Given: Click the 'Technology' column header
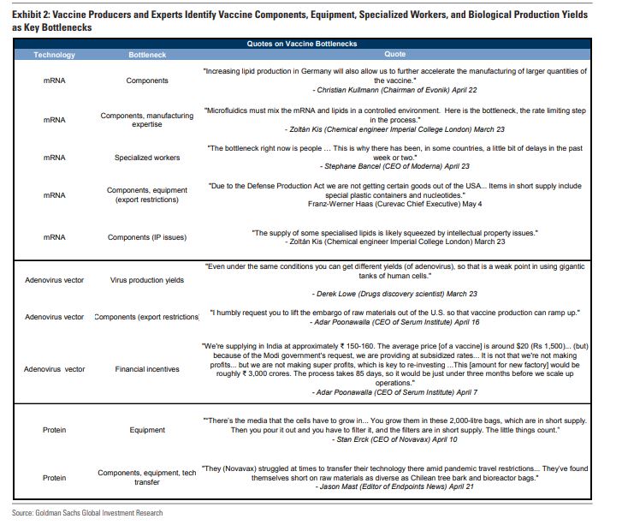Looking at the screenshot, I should (54, 55).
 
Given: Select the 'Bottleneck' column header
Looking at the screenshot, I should (146, 55).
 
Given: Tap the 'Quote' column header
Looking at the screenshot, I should (407, 55).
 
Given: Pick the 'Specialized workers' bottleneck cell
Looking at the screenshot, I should (146, 158).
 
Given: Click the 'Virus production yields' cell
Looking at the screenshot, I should (146, 280).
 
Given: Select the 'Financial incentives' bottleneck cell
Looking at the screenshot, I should (146, 369).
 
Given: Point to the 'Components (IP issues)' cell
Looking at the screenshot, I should (146, 237).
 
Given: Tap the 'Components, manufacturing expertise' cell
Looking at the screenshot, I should (146, 120).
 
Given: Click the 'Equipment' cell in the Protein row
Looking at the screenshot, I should (146, 430).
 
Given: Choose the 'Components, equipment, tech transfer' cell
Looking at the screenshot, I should (146, 477).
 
